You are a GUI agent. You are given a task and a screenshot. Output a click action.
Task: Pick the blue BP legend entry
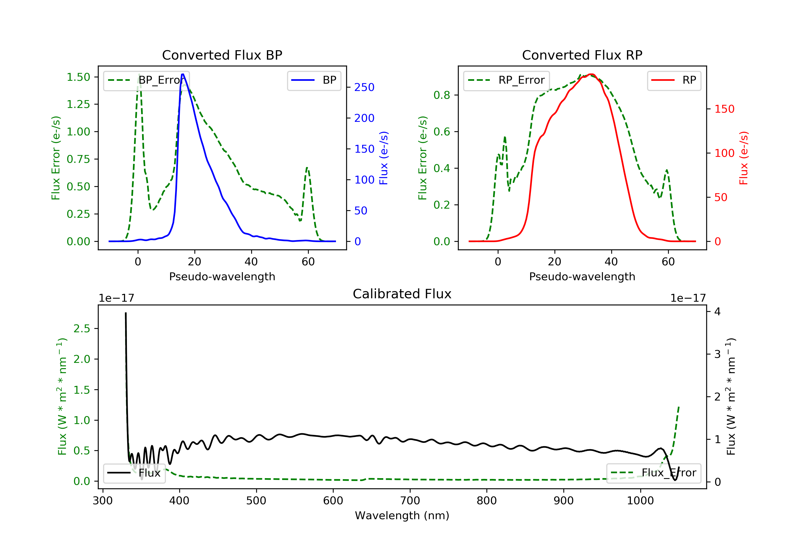314,81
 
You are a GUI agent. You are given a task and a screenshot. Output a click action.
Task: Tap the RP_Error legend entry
506,81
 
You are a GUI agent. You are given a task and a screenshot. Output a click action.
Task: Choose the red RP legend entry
674,81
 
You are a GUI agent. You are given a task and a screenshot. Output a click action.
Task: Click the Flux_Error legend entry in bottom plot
653,473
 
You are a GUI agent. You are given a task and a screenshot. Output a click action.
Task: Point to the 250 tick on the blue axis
364,88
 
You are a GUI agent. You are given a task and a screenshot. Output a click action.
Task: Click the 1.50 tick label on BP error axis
78,77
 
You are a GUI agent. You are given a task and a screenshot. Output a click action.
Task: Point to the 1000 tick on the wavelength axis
640,501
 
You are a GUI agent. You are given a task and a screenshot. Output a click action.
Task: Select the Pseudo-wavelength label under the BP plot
222,277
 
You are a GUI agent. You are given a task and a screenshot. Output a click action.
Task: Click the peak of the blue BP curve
183,74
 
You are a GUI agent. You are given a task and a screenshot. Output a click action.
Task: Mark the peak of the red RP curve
591,74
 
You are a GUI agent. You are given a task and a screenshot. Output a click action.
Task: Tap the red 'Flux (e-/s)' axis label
743,158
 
